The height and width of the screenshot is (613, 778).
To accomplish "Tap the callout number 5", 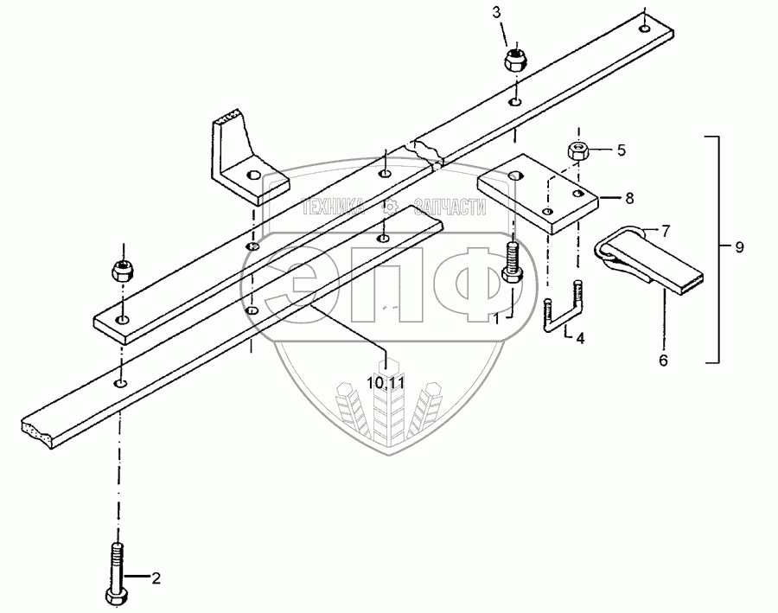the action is pos(621,150).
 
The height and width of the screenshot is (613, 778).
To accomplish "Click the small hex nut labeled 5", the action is pos(578,152).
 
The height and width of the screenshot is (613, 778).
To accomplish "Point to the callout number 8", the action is pos(629,198).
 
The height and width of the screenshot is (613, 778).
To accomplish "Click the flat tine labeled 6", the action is pos(657,269).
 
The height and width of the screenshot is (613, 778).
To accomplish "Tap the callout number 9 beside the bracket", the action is pos(739,247).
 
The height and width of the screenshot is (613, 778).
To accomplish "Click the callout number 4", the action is pos(580,339).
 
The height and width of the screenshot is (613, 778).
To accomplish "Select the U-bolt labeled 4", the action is pos(564,312).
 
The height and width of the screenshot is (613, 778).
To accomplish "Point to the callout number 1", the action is pos(497,318).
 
